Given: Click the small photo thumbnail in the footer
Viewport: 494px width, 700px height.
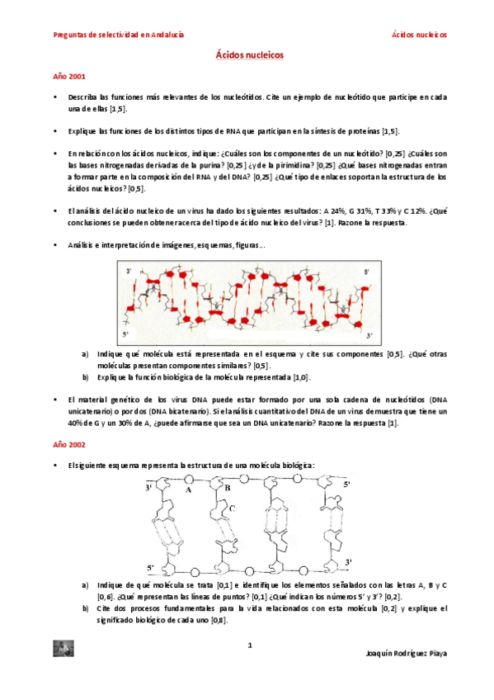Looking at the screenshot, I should (63, 649).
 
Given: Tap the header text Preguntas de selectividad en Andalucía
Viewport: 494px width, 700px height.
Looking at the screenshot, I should (118, 35).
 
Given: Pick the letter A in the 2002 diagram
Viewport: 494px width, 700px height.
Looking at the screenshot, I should (189, 490).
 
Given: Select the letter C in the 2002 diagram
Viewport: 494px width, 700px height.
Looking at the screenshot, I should (232, 509).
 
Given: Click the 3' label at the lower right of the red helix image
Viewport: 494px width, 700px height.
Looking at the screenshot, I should (369, 335).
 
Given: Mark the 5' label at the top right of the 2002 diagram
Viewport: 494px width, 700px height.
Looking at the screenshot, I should (347, 484).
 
